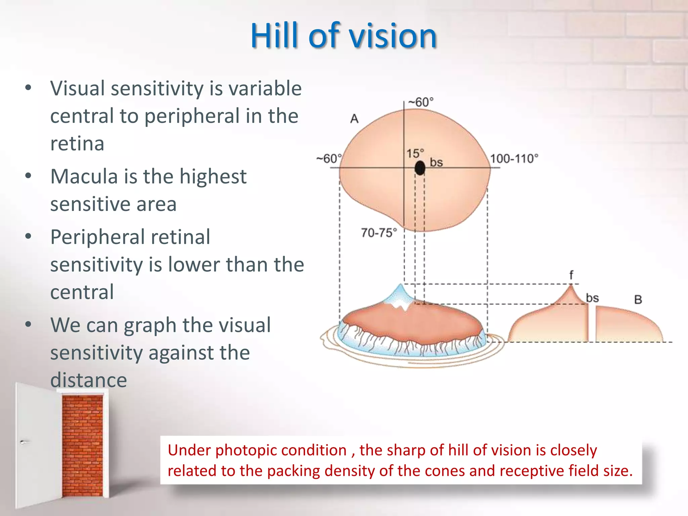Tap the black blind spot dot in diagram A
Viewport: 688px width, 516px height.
pyautogui.click(x=420, y=168)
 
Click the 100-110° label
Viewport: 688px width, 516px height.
pyautogui.click(x=514, y=159)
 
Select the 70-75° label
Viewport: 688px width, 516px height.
pyautogui.click(x=379, y=232)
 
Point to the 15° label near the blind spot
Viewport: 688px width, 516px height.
pyautogui.click(x=415, y=154)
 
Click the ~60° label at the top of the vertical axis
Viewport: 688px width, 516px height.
pyautogui.click(x=421, y=102)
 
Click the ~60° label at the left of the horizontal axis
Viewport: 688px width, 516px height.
pyautogui.click(x=329, y=158)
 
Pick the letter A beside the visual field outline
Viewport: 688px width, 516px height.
pyautogui.click(x=354, y=119)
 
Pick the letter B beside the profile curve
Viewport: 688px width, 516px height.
pyautogui.click(x=638, y=299)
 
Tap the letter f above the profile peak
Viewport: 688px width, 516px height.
pyautogui.click(x=571, y=275)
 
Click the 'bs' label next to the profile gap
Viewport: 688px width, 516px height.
pyautogui.click(x=592, y=298)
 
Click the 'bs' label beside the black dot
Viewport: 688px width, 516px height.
pyautogui.click(x=436, y=163)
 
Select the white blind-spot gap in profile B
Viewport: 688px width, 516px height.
pyautogui.click(x=592, y=324)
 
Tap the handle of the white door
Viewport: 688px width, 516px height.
pyautogui.click(x=23, y=442)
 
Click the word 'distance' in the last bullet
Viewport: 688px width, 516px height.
pyautogui.click(x=89, y=380)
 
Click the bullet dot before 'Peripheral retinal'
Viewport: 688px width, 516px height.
pyautogui.click(x=28, y=236)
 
